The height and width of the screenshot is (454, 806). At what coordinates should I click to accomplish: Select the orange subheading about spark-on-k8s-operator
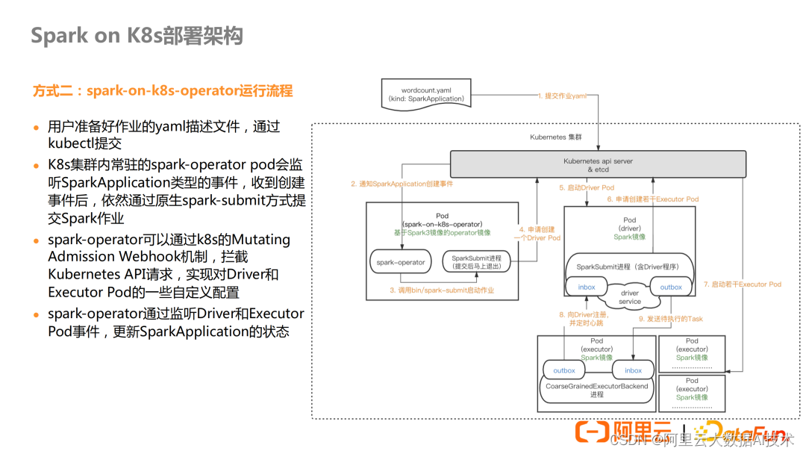(163, 91)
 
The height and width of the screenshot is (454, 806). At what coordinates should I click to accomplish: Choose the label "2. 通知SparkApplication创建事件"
(402, 184)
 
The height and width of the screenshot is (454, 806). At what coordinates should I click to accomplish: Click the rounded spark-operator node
(400, 262)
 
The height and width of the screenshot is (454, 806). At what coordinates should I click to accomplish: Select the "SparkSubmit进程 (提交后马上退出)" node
(477, 261)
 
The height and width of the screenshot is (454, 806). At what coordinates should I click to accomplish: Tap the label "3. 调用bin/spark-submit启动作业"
(442, 290)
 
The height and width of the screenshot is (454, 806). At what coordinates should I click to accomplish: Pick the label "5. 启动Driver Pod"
(587, 187)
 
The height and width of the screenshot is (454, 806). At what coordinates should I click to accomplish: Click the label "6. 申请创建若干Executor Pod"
(653, 199)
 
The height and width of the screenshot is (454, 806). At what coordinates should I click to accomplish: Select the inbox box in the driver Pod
(587, 287)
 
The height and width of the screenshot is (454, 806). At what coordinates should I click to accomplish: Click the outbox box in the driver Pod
(671, 287)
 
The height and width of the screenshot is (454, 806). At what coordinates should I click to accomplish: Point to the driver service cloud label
(629, 297)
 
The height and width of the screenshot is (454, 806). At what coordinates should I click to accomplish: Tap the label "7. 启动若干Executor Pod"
(742, 284)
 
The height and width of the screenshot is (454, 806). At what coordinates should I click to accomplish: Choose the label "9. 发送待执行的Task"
(670, 319)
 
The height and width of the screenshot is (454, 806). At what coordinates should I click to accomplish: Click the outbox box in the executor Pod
(564, 370)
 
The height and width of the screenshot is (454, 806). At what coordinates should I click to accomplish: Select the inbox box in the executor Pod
(633, 370)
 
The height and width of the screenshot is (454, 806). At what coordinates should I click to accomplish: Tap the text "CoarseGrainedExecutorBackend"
(596, 386)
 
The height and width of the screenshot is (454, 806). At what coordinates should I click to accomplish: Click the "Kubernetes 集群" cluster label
(555, 137)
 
